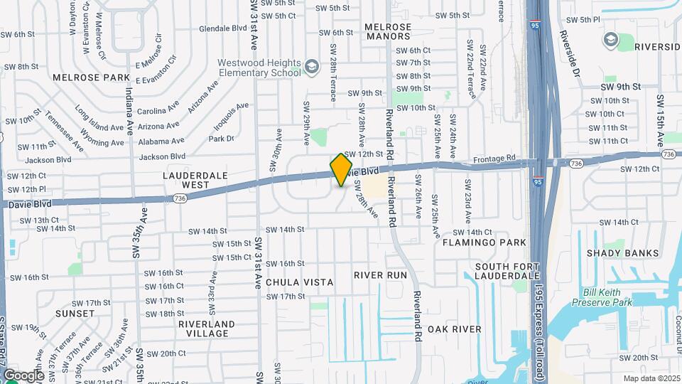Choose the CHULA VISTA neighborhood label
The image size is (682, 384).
[299, 282]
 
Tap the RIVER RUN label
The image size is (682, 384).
[380, 275]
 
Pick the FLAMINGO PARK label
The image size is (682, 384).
[484, 242]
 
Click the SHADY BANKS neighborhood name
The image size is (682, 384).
[622, 253]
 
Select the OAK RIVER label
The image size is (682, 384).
[454, 329]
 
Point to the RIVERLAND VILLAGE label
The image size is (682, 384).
[206, 329]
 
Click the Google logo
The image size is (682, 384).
[23, 375]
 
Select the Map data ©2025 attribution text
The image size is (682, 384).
[651, 378]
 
